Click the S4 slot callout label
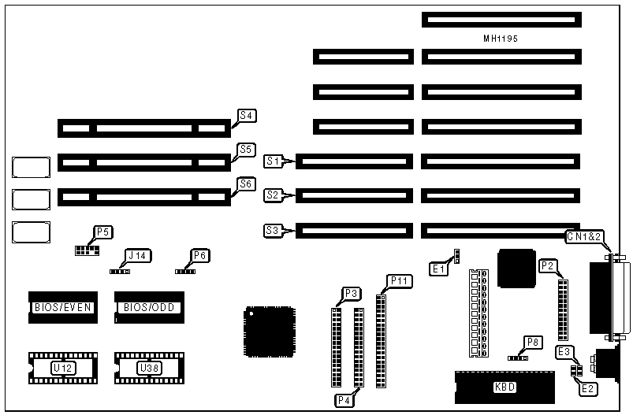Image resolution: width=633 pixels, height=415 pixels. pyautogui.click(x=247, y=116)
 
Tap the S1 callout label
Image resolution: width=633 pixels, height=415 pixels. pyautogui.click(x=273, y=161)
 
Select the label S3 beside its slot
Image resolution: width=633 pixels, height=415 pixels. pyautogui.click(x=273, y=231)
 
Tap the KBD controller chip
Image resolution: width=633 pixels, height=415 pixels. pyautogui.click(x=505, y=386)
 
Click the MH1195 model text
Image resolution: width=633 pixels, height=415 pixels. pyautogui.click(x=501, y=39)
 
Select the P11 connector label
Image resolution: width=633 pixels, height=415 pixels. pyautogui.click(x=399, y=281)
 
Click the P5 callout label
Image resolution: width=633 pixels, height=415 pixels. pyautogui.click(x=103, y=232)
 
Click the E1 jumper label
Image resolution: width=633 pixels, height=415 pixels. pyautogui.click(x=438, y=269)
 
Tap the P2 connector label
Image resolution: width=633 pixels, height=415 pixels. pyautogui.click(x=548, y=266)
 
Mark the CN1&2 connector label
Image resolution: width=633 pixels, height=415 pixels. pyautogui.click(x=586, y=236)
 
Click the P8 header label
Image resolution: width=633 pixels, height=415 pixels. pyautogui.click(x=533, y=343)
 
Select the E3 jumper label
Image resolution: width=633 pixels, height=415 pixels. pyautogui.click(x=565, y=352)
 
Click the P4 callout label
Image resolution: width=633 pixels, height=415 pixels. pyautogui.click(x=344, y=400)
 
